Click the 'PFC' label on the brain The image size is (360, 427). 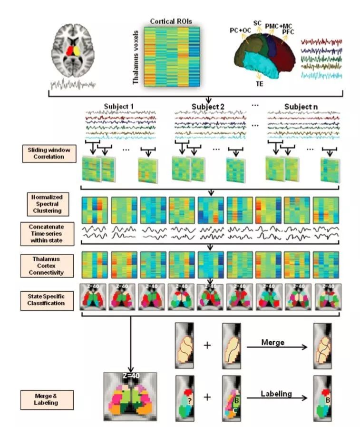click(289, 32)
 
